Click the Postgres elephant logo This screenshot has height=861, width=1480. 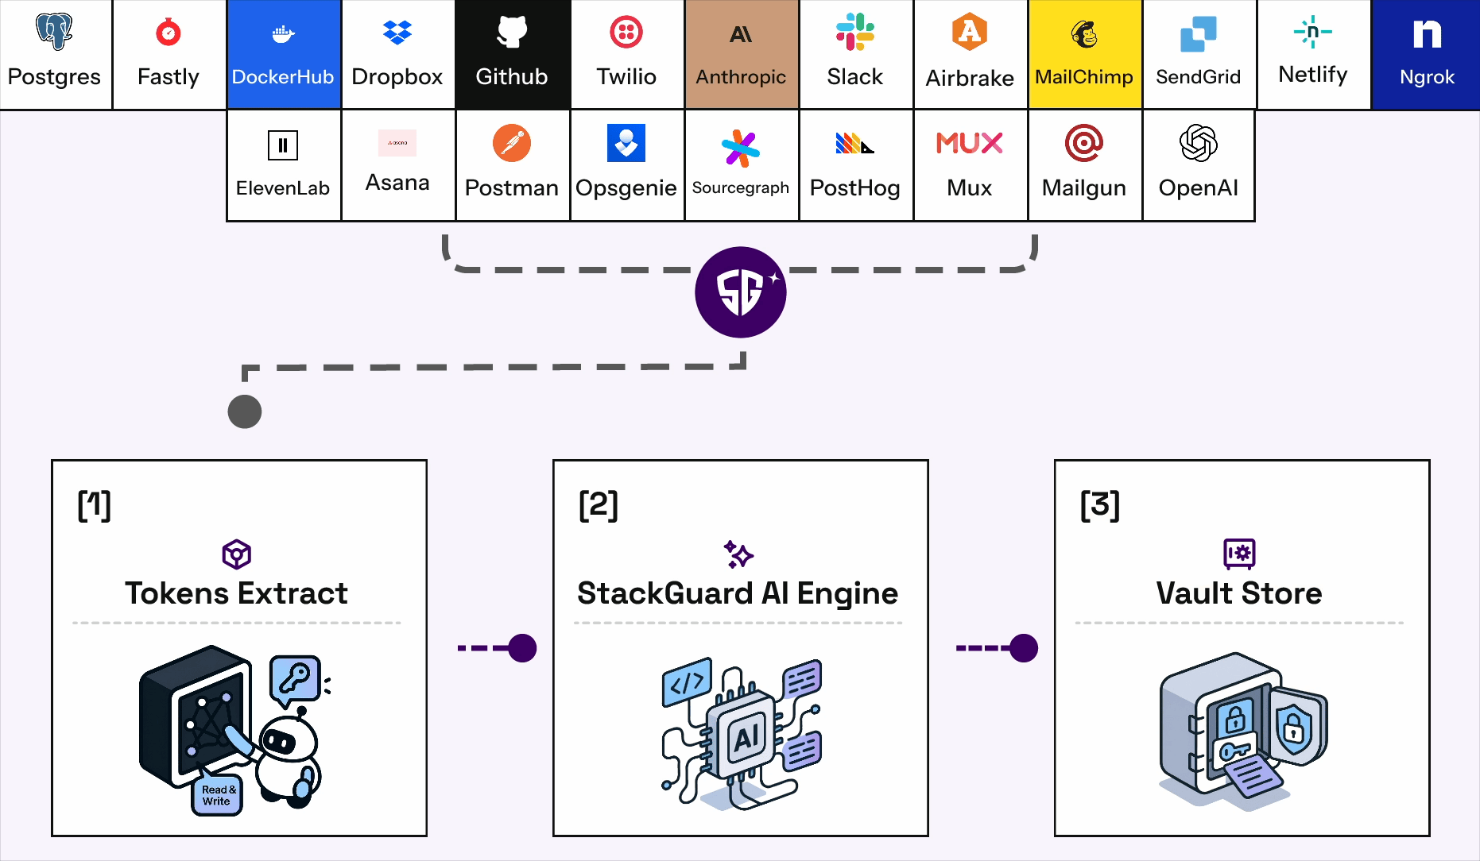point(54,32)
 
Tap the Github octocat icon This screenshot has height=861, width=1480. point(512,32)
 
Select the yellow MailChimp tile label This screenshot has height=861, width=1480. point(1084,77)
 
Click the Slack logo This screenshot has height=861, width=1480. point(855,32)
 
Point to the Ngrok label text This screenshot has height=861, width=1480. point(1427,77)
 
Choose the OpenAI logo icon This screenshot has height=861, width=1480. point(1199,144)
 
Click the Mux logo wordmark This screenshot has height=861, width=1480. point(969,144)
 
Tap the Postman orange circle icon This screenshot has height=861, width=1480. point(512,144)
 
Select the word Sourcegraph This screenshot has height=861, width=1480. point(740,187)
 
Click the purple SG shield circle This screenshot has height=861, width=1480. point(740,292)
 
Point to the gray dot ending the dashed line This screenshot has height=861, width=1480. point(245,411)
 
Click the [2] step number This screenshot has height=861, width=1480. point(599,506)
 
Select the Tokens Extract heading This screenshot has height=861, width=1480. point(236,593)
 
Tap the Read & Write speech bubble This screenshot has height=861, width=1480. point(216,795)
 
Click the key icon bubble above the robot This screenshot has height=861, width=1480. point(296,678)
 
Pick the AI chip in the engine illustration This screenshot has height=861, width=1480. point(745,737)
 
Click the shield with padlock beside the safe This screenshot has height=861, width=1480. point(1296,726)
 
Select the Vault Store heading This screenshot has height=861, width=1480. point(1239,593)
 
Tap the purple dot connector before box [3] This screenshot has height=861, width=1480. point(1023,648)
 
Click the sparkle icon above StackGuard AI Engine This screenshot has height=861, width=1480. point(738,554)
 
